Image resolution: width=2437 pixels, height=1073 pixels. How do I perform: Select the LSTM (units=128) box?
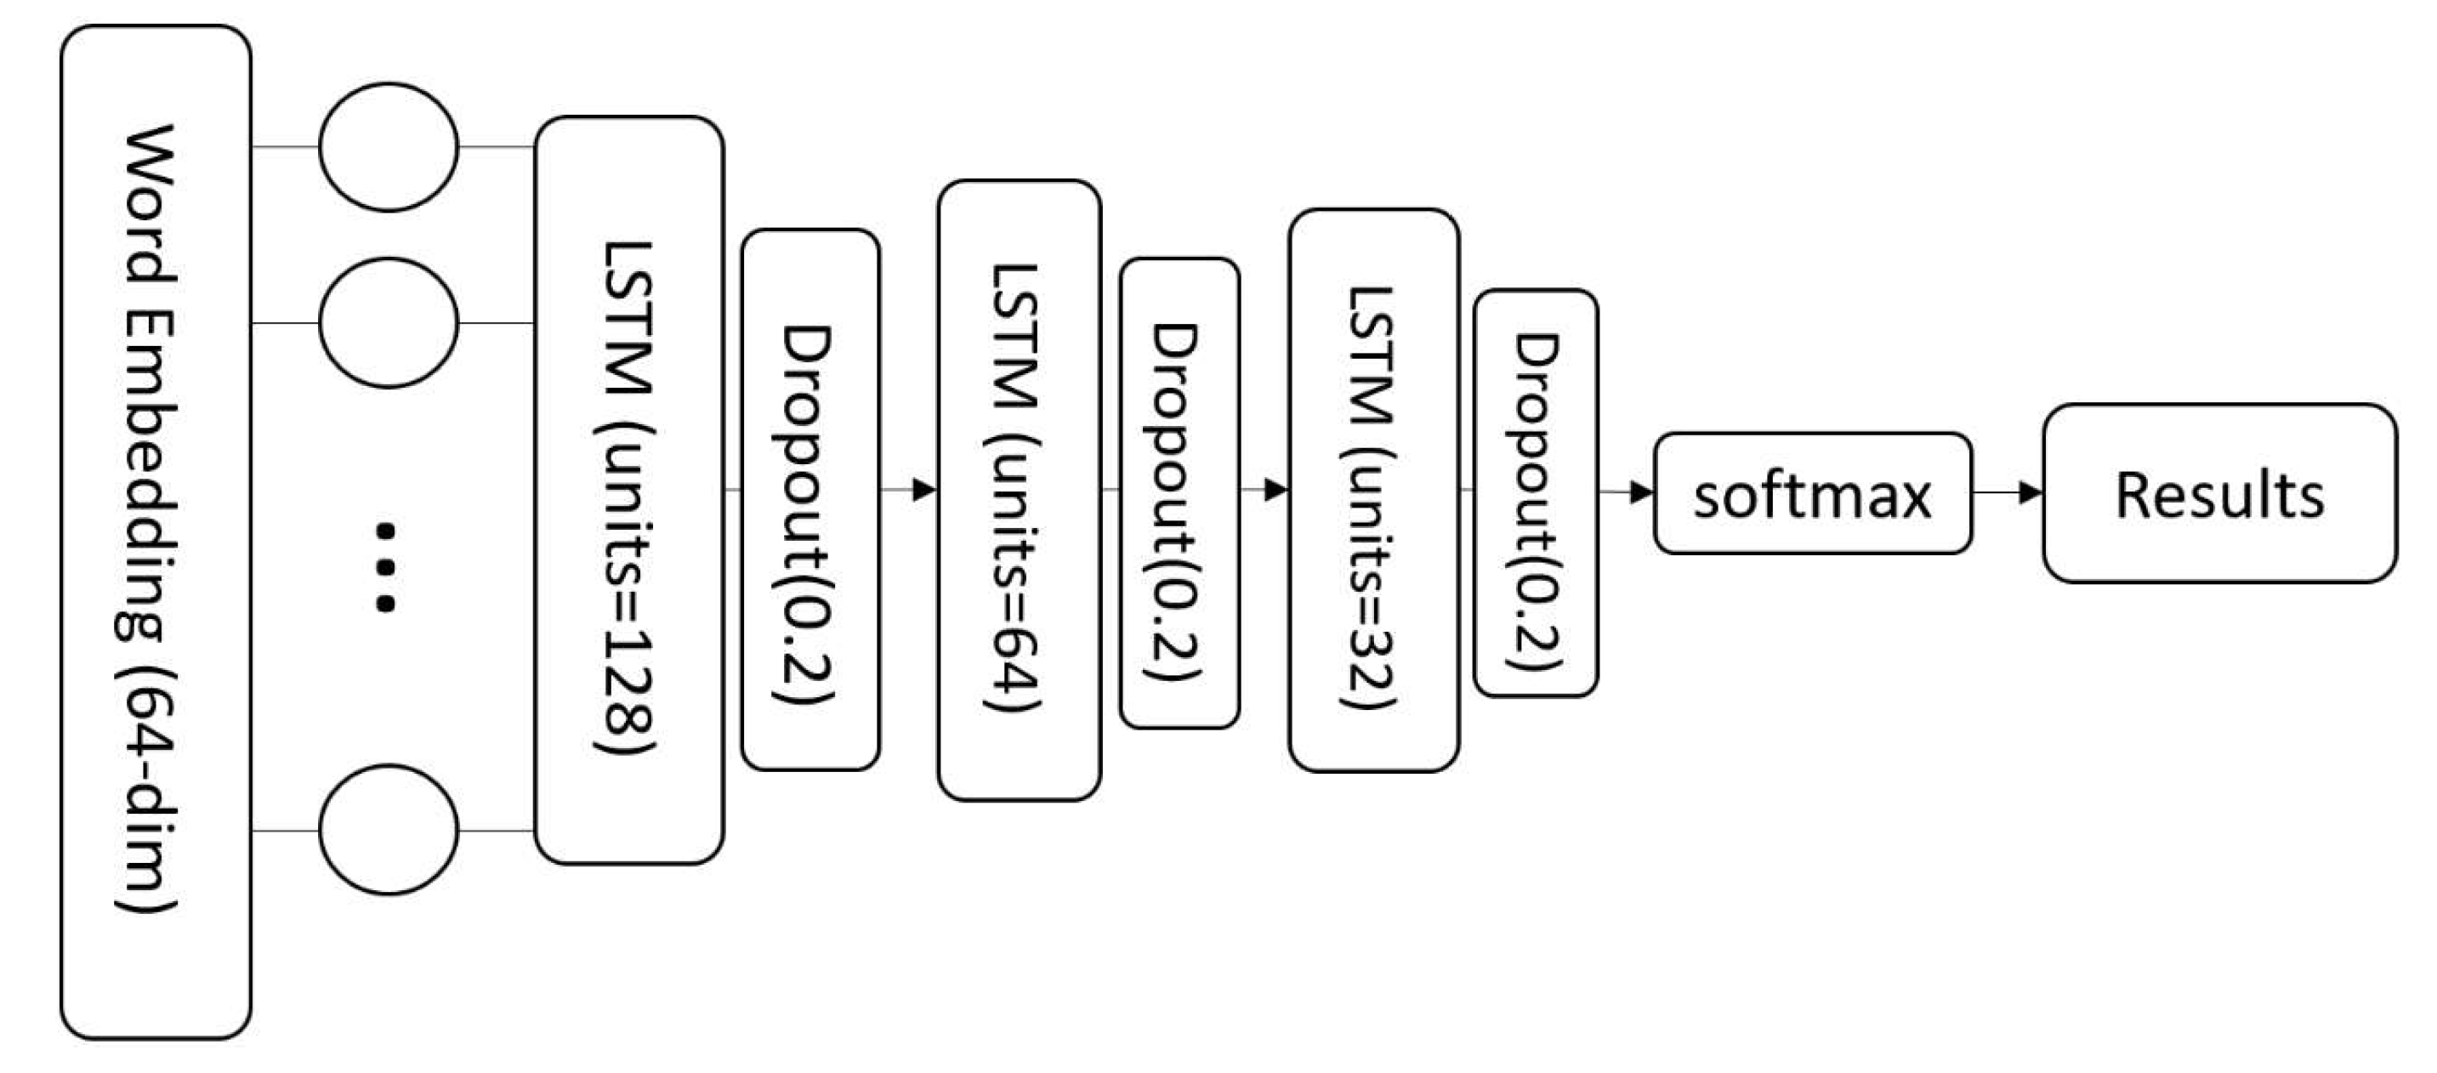[x=629, y=490]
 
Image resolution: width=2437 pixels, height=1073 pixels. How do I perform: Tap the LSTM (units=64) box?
[x=1019, y=490]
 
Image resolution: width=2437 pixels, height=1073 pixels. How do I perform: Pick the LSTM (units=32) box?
[x=1372, y=490]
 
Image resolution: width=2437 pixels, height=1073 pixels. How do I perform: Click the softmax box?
[x=1812, y=493]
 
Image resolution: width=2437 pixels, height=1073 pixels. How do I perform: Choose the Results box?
[x=2218, y=493]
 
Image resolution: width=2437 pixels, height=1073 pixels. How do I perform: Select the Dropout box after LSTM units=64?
[x=1179, y=493]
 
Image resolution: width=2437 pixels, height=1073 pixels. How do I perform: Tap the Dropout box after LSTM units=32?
[x=1536, y=493]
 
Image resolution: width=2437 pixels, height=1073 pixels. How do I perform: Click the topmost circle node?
[x=388, y=146]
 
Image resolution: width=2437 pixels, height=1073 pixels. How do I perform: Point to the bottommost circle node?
[x=388, y=830]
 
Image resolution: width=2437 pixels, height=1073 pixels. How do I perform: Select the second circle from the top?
[x=388, y=322]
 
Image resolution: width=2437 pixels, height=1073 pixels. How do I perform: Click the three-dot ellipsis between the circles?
[x=385, y=565]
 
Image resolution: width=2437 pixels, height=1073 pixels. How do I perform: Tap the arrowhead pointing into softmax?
[x=1642, y=492]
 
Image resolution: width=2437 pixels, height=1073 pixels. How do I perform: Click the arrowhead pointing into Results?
[x=2031, y=492]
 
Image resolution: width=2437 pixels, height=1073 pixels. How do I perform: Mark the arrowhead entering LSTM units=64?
[x=925, y=489]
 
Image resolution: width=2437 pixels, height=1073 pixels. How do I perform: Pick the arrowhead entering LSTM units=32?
[x=1277, y=489]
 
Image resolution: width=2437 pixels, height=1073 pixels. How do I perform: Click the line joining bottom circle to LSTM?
[x=497, y=831]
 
